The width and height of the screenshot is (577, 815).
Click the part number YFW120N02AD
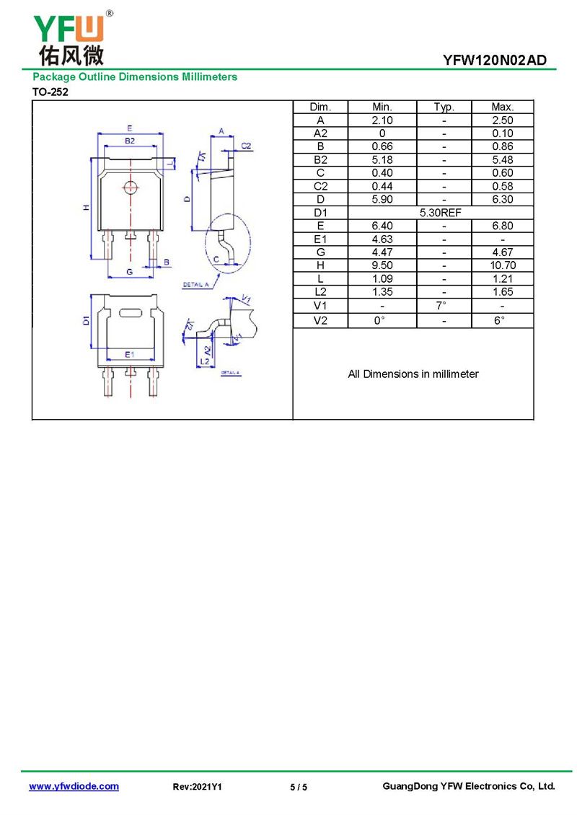494,61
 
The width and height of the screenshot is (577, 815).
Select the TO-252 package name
50,92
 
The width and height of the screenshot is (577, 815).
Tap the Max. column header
502,107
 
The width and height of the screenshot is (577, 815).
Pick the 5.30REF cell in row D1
440,213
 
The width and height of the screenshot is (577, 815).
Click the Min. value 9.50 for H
382,265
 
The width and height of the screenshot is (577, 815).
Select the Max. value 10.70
503,265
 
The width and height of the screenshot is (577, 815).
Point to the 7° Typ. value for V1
441,305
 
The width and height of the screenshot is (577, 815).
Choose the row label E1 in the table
320,239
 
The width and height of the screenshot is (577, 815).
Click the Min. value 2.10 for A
382,120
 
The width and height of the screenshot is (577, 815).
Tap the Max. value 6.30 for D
503,199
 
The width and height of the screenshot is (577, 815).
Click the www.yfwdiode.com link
74,786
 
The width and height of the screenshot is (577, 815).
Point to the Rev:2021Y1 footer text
197,787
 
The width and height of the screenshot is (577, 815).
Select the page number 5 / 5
299,787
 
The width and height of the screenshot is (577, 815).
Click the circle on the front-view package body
131,187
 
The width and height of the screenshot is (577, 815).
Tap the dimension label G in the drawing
129,272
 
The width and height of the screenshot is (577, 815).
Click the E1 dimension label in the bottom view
129,354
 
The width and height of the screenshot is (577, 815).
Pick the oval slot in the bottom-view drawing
131,313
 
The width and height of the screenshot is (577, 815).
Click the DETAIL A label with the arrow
195,285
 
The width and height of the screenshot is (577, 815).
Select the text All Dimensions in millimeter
413,374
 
